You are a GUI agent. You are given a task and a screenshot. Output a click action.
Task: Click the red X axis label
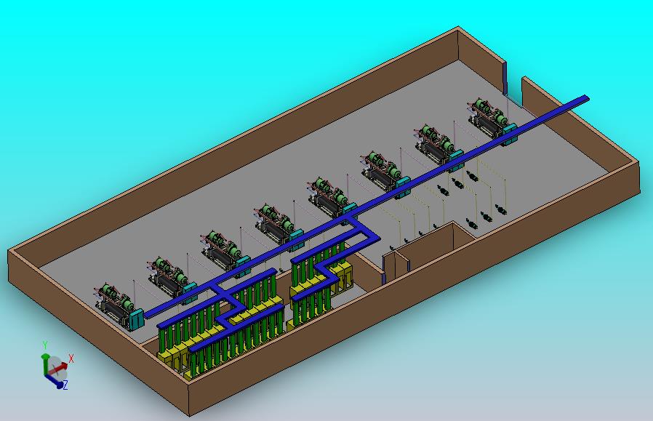(71, 358)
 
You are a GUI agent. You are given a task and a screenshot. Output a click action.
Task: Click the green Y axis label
(44, 345)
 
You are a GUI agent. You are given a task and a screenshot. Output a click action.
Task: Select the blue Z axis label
(65, 385)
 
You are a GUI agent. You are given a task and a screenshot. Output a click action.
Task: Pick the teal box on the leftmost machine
(136, 318)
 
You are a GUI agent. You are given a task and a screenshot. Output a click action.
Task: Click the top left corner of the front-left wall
(9, 250)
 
